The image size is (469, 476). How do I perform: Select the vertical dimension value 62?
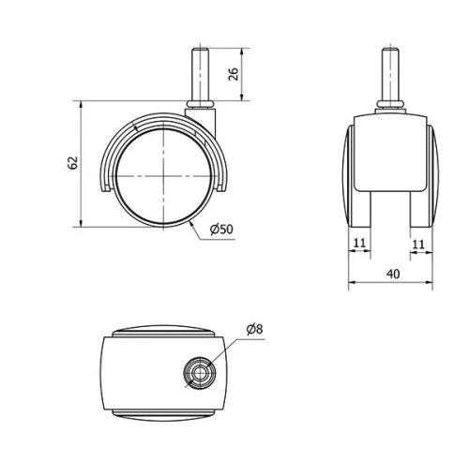click(x=73, y=162)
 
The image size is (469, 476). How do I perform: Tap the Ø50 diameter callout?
click(x=221, y=229)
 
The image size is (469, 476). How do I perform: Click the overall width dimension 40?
click(x=392, y=274)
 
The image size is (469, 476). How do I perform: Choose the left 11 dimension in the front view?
click(x=358, y=244)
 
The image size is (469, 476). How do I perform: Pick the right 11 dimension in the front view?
click(x=419, y=244)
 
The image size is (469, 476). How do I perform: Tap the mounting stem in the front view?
click(x=388, y=70)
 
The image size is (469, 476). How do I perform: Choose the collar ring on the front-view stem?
click(x=388, y=104)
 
